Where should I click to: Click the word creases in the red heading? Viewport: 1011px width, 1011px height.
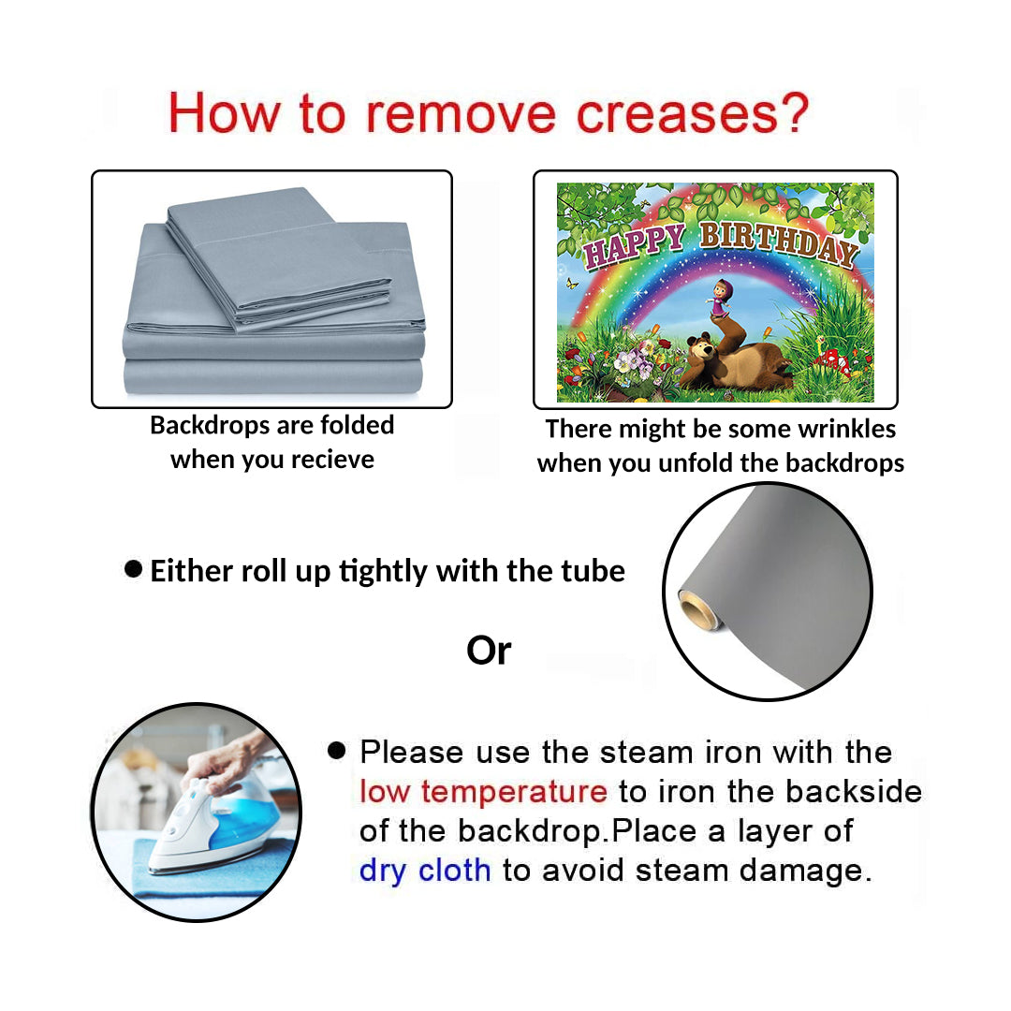coord(678,114)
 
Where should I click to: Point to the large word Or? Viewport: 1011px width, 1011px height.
coord(489,651)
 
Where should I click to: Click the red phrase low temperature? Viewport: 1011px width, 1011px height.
coord(483,792)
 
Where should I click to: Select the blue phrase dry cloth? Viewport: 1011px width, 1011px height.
coord(425,871)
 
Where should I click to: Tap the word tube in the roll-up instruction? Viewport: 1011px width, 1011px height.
coord(593,571)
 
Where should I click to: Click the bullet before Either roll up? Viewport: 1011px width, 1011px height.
coord(134,569)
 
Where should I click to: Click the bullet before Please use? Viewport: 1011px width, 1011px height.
coord(337,750)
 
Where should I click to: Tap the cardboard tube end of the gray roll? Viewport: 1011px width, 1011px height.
coord(697,609)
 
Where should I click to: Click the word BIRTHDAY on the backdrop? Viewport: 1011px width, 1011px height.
coord(780,242)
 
